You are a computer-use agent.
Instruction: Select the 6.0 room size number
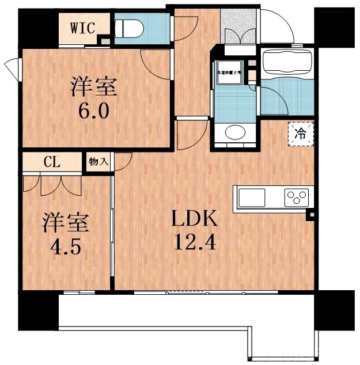pyautogui.click(x=94, y=110)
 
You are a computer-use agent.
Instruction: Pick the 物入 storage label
pyautogui.click(x=98, y=162)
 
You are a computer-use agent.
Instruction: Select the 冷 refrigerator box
pyautogui.click(x=301, y=134)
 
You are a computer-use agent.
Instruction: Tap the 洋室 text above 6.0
pyautogui.click(x=94, y=87)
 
